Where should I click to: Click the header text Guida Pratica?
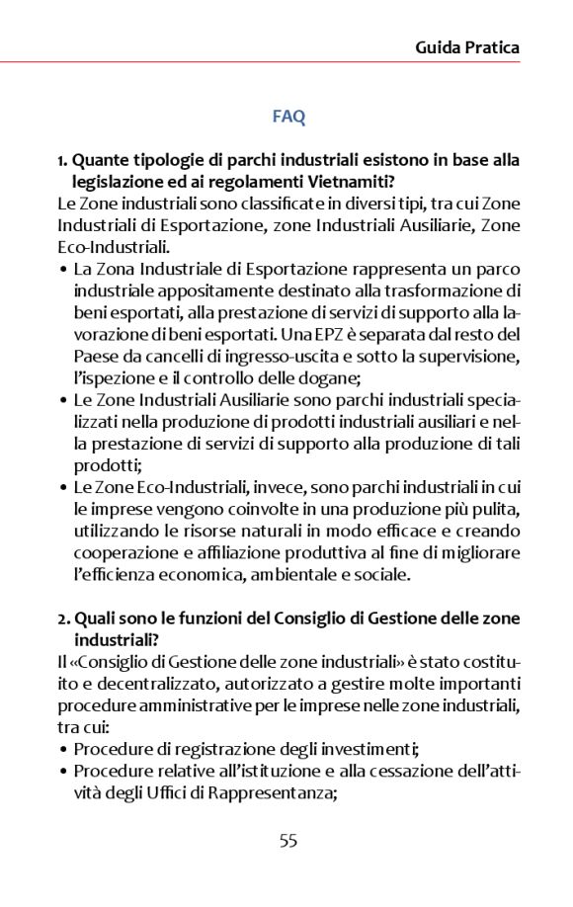[467, 46]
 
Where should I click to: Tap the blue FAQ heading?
[288, 117]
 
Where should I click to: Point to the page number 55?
[287, 841]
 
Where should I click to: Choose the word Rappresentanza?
[280, 790]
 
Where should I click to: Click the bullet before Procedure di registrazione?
[63, 748]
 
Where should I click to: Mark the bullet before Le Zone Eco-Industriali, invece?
[63, 487]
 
